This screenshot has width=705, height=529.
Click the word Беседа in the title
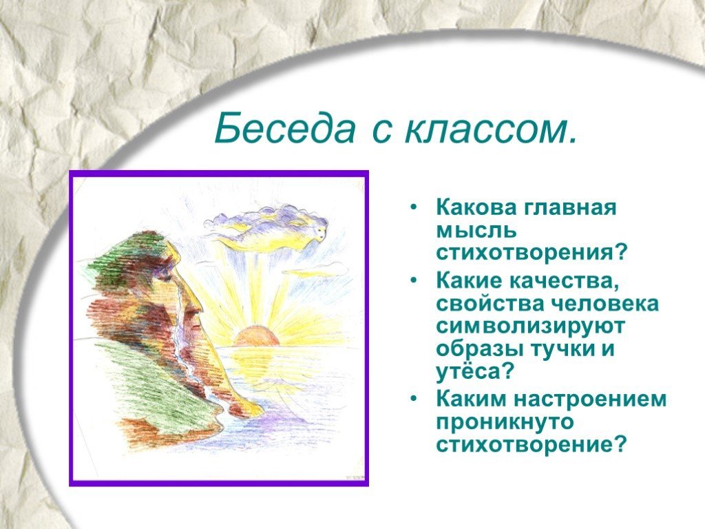pos(284,128)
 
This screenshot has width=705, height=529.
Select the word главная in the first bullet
pos(571,208)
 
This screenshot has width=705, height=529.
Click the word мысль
pos(476,231)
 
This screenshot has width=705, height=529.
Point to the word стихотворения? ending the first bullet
pos(531,253)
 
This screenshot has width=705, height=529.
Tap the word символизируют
pos(530,326)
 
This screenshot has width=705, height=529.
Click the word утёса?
pos(475,372)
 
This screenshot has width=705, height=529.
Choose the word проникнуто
pos(505,422)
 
